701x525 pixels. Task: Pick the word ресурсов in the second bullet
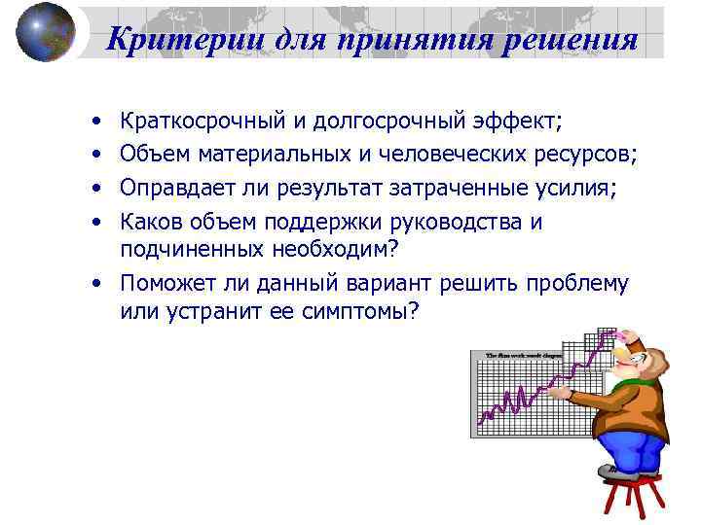(x=584, y=154)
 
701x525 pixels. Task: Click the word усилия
(x=576, y=188)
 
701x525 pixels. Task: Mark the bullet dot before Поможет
(x=98, y=284)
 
